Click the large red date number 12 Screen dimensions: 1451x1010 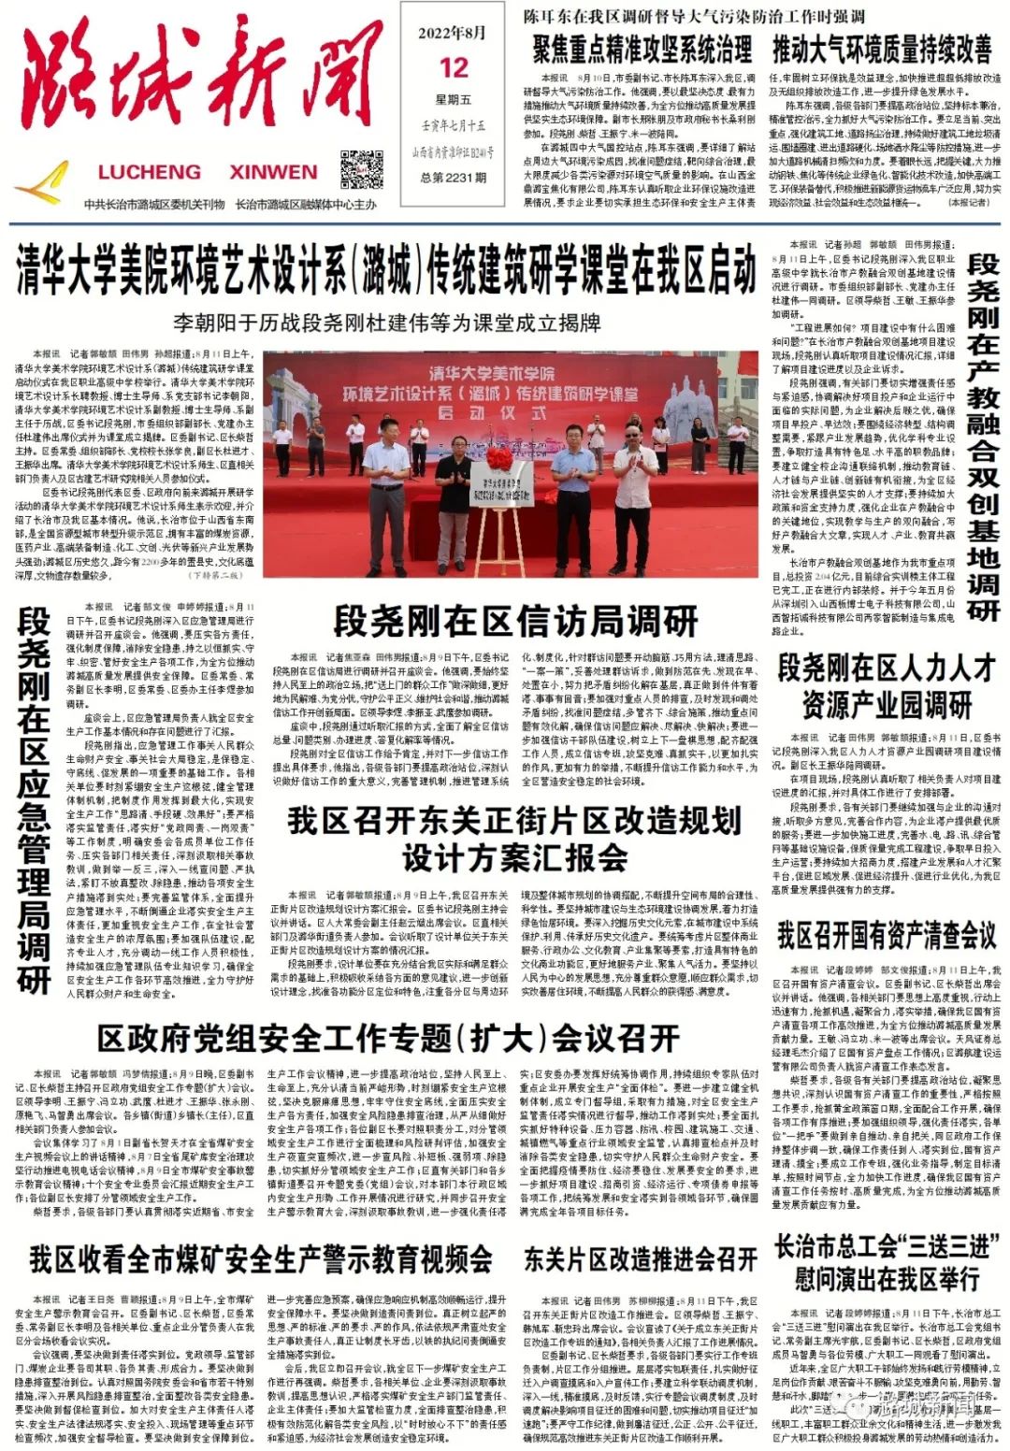(454, 67)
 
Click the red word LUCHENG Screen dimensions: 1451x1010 (149, 172)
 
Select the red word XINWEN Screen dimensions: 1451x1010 (273, 172)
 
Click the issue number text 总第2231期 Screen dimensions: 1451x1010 (454, 178)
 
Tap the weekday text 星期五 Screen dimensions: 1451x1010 (454, 99)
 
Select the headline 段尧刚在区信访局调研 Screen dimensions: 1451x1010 (515, 621)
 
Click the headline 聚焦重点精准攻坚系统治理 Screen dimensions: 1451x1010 (642, 49)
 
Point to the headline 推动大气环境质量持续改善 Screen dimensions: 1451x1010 (881, 49)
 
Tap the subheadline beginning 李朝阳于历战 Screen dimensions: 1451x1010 (387, 323)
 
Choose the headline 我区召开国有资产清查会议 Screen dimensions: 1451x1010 (886, 933)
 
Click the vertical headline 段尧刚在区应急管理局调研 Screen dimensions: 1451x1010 (34, 799)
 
